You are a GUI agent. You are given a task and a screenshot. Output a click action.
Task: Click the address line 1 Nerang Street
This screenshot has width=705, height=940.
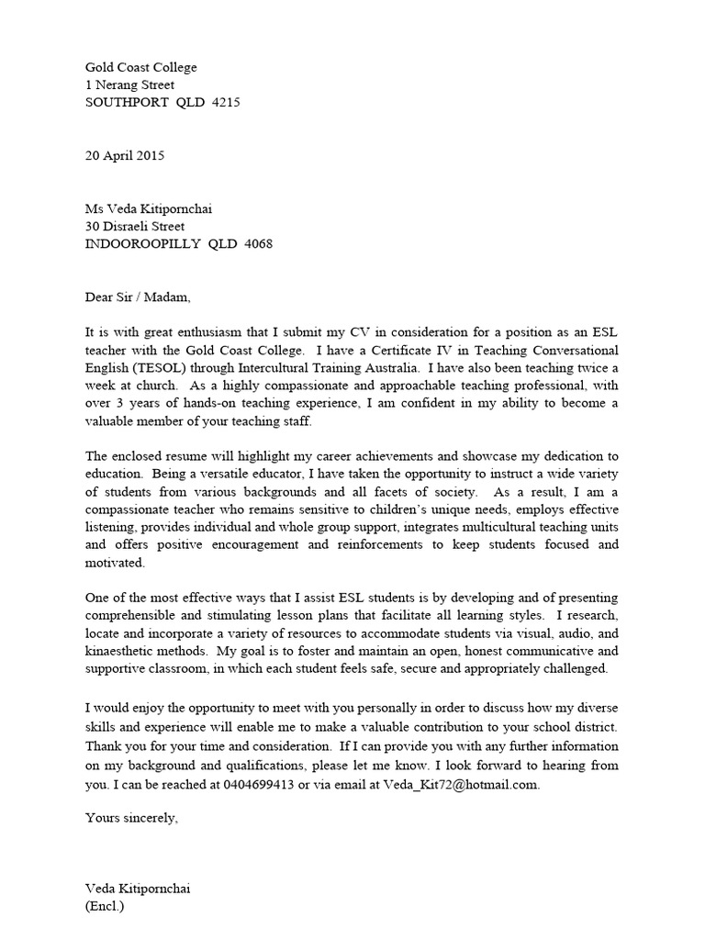129,85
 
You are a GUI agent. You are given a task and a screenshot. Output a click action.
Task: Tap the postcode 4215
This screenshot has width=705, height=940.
226,103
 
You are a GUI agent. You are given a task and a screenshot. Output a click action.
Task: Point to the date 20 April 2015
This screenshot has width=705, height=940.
125,155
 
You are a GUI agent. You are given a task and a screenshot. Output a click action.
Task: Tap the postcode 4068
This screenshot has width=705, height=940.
257,244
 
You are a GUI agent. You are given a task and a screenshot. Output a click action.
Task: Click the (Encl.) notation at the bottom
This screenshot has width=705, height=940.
104,907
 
